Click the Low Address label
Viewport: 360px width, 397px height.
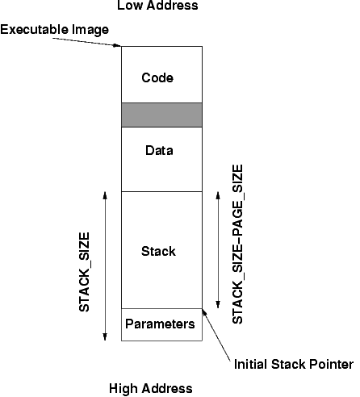(x=157, y=6)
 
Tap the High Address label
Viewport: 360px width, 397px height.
(x=151, y=388)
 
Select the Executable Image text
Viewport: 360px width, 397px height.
(x=55, y=30)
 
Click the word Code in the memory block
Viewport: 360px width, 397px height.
(x=157, y=77)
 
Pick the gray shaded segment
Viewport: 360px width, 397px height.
(x=161, y=115)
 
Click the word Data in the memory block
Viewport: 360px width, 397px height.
(x=159, y=150)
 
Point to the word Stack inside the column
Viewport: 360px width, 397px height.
(x=158, y=251)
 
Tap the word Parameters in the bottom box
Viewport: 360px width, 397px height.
(x=160, y=324)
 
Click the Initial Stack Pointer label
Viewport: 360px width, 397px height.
(x=294, y=365)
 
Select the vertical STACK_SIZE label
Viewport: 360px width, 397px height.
(x=84, y=272)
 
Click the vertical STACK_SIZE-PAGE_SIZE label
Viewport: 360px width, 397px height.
(x=237, y=244)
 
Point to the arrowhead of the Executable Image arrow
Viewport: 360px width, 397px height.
(x=117, y=45)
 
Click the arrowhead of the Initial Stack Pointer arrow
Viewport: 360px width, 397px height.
(x=204, y=312)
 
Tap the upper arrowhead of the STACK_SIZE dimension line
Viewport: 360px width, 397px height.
(x=105, y=195)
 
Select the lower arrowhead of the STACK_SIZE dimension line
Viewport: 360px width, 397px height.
(x=105, y=337)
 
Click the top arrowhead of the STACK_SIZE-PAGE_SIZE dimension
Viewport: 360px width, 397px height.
(x=218, y=195)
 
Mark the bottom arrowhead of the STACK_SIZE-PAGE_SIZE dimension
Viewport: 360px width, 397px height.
(x=218, y=305)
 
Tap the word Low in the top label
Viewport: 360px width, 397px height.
(x=128, y=6)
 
